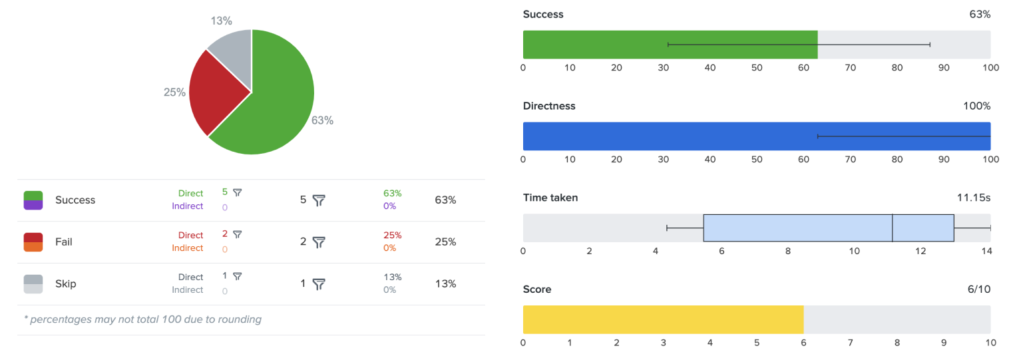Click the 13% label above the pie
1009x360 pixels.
[221, 21]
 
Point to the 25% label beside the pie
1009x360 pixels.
[174, 92]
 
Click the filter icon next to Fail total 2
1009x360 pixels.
[319, 242]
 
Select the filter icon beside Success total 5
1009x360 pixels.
[319, 200]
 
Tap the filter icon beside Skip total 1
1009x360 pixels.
[319, 283]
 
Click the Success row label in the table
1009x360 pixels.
[75, 200]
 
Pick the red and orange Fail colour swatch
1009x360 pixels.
[33, 242]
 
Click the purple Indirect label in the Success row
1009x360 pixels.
[188, 206]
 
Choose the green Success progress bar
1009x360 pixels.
[670, 45]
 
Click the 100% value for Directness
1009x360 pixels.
[976, 106]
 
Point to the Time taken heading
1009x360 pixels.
[550, 198]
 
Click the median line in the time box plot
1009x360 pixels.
[892, 228]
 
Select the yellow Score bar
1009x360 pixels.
[663, 319]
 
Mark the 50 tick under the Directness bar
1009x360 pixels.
[757, 159]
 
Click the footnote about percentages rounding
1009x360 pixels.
[142, 319]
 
